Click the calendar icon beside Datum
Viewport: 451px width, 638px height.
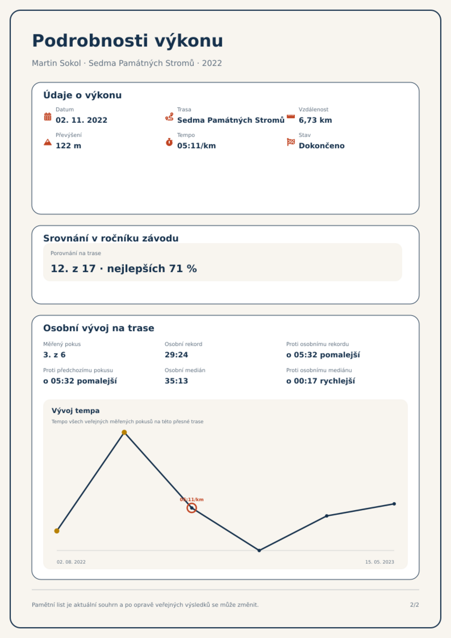coord(48,116)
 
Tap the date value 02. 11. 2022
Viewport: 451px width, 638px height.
coord(82,120)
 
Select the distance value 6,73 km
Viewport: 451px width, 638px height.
coord(315,120)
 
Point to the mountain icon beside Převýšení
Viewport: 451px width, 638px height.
coord(48,142)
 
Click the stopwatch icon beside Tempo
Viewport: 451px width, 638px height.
coord(169,142)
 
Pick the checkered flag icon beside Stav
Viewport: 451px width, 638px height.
coord(291,142)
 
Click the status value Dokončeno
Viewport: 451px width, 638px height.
coord(321,146)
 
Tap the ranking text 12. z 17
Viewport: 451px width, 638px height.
coord(73,268)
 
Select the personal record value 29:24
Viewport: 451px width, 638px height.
coord(176,355)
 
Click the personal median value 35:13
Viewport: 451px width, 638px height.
coord(176,381)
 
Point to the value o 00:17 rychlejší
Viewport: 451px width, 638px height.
coord(321,381)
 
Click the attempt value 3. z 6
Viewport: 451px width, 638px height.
coord(54,355)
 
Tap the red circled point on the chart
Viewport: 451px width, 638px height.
coord(192,508)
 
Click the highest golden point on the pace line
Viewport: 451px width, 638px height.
coord(124,432)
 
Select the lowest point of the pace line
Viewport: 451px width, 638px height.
coord(259,551)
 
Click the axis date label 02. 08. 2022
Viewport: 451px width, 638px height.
coord(71,562)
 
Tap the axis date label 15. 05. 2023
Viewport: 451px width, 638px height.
coord(379,562)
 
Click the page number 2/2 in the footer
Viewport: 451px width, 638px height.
coord(414,605)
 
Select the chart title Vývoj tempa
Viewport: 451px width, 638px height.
coord(76,411)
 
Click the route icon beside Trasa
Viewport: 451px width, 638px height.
coord(169,116)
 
